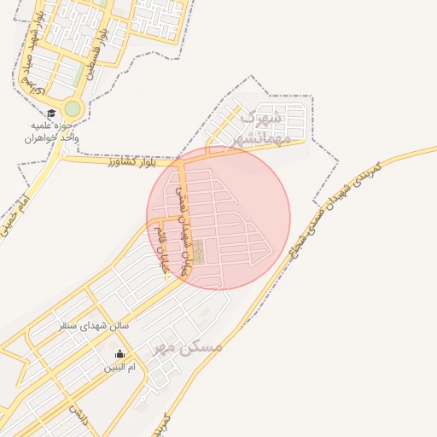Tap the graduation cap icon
pos(51,113)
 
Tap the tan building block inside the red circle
pos(197,252)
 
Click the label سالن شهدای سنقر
pos(94,325)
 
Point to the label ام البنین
pos(119,367)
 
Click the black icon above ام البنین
pos(119,354)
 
